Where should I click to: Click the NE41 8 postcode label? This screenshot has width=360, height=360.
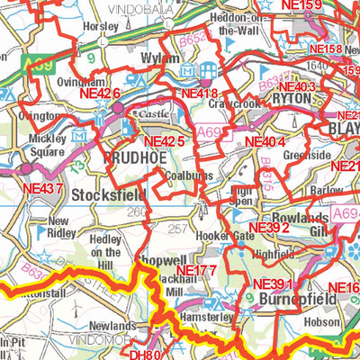tap(199, 93)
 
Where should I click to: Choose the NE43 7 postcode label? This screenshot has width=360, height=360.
tap(41, 188)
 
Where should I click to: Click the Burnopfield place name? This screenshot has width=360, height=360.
tap(283, 296)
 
